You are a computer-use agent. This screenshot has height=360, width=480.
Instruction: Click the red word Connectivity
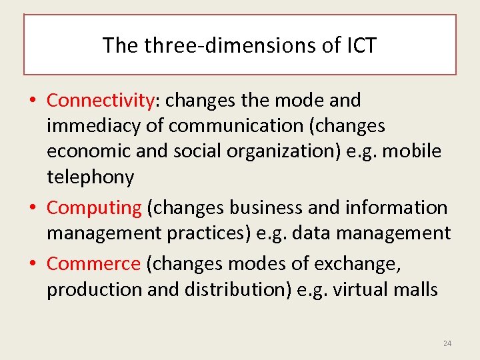101,100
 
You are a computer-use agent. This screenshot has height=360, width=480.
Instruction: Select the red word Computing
94,207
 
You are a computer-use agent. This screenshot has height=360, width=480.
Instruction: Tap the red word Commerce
93,263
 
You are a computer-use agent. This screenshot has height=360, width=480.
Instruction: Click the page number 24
447,343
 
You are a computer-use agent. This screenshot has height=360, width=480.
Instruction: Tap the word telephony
90,177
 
